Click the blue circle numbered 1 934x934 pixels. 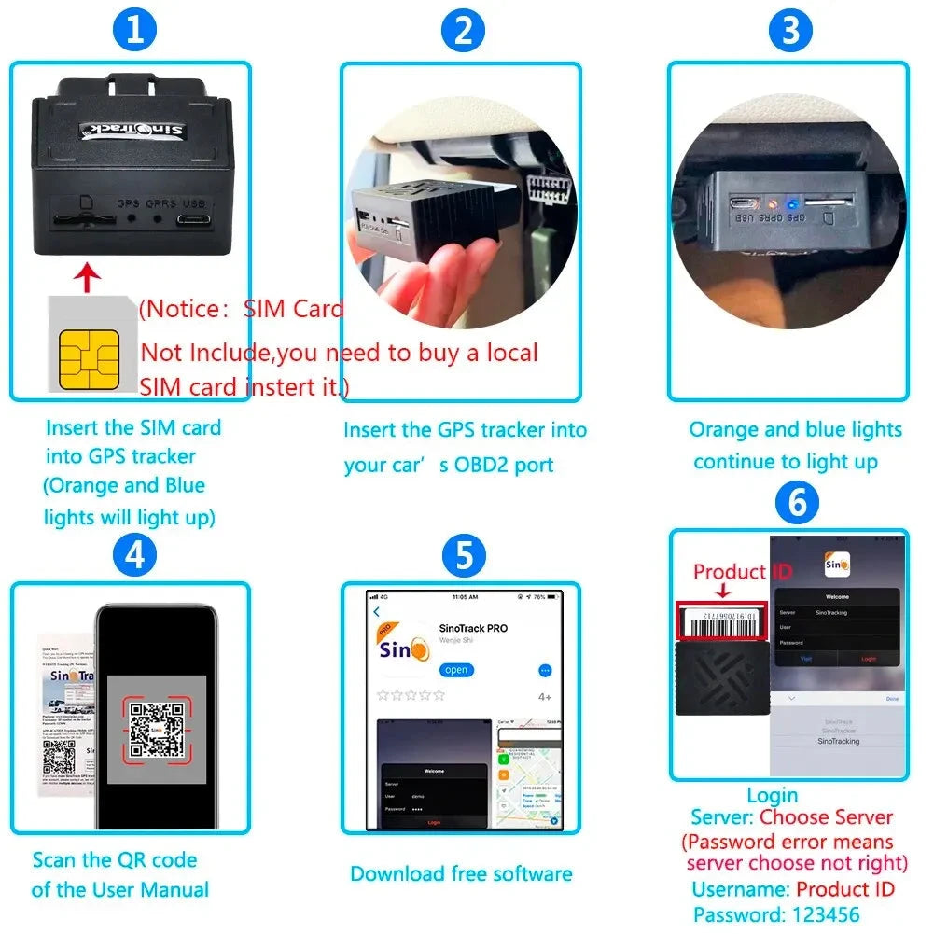[x=136, y=31]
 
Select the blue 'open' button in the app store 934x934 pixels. [x=457, y=670]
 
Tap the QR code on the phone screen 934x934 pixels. [x=155, y=729]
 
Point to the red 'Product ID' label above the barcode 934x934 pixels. [x=730, y=572]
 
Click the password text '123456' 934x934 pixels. [x=816, y=914]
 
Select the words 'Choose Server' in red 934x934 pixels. [x=826, y=817]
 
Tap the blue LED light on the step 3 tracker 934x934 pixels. [x=790, y=202]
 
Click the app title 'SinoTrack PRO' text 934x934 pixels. [x=473, y=628]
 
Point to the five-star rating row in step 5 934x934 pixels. [x=411, y=695]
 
